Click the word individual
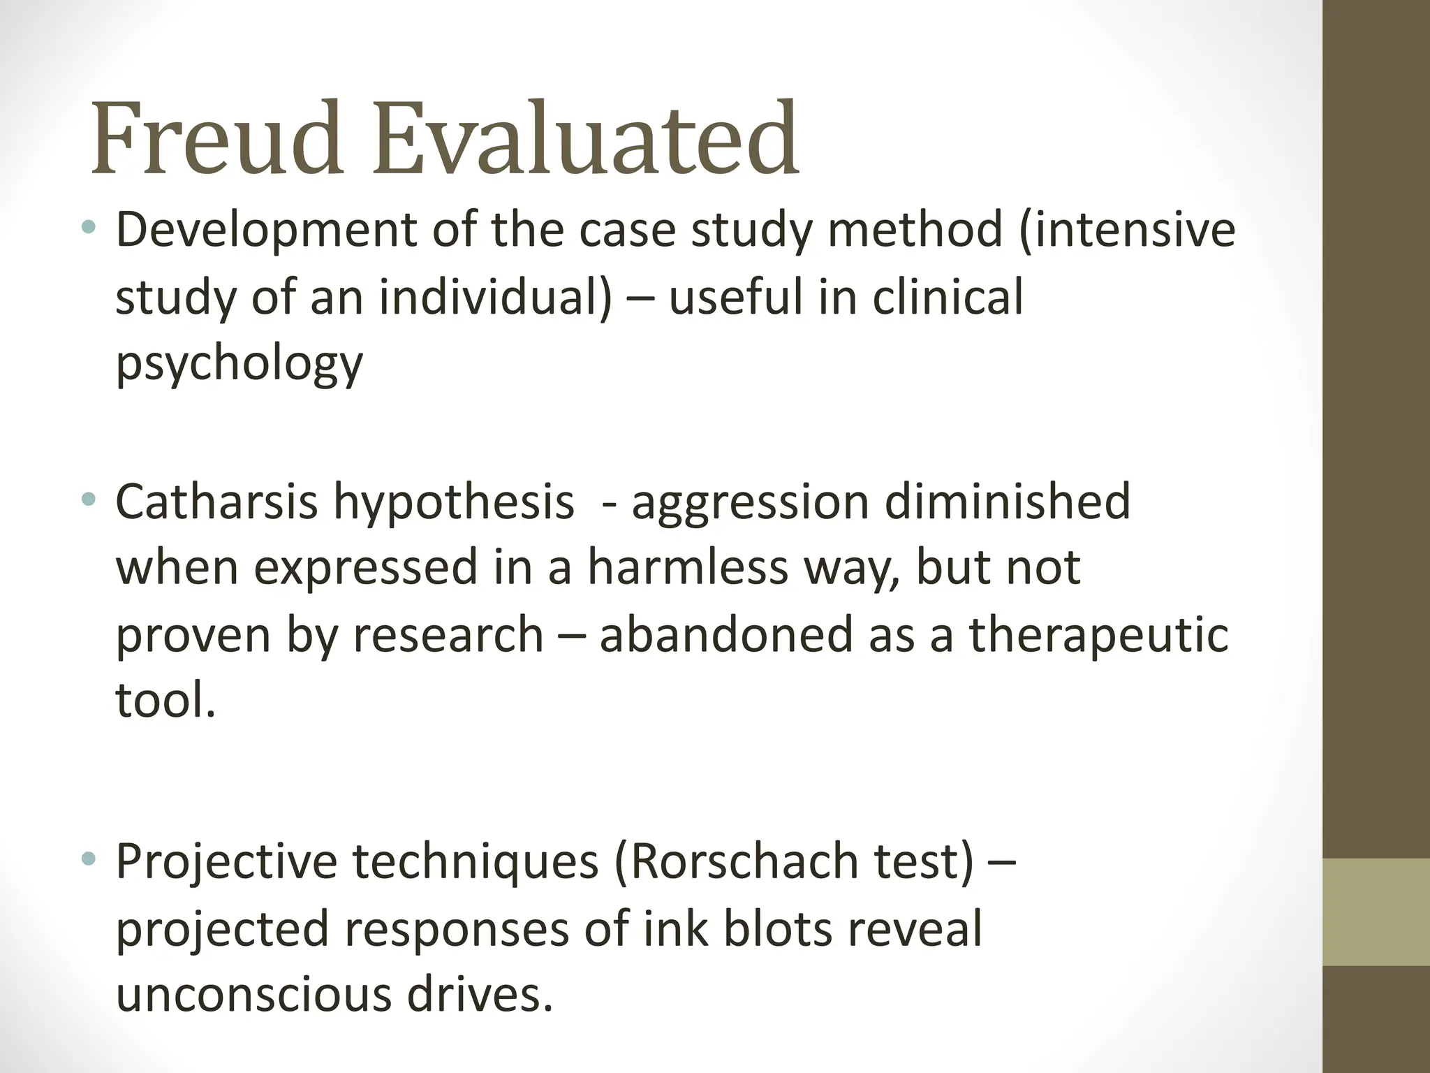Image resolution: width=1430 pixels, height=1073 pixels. tap(495, 297)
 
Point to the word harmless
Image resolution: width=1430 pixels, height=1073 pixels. tap(688, 567)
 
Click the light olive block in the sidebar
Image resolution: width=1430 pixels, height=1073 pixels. tap(1376, 912)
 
